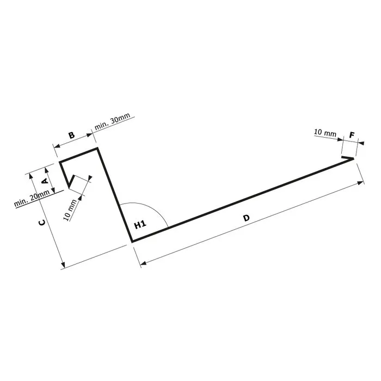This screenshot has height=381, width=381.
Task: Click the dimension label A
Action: click(x=45, y=178)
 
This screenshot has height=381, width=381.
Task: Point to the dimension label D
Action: click(x=246, y=218)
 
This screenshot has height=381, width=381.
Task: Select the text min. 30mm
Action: click(x=112, y=122)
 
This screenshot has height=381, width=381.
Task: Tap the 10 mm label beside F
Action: click(x=325, y=133)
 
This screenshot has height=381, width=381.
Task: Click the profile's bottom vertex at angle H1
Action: click(x=132, y=241)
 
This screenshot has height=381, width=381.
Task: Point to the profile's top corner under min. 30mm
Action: click(x=97, y=148)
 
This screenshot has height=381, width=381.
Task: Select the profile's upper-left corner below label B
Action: click(x=60, y=162)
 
